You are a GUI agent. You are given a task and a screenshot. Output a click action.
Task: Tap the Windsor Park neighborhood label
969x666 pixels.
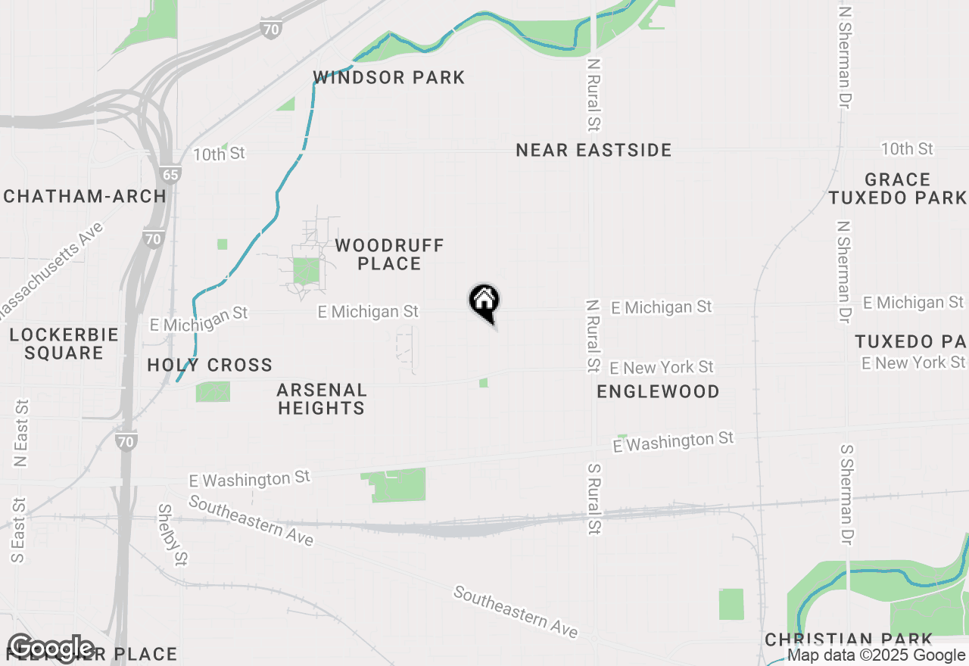389,77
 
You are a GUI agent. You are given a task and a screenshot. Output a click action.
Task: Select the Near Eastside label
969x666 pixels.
594,150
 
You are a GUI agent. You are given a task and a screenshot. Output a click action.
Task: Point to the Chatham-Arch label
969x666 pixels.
85,196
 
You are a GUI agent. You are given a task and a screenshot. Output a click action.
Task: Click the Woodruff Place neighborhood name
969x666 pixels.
389,254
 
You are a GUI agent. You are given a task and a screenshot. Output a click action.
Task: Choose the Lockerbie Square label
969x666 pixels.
64,344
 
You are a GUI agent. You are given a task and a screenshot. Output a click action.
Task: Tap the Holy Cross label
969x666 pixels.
210,365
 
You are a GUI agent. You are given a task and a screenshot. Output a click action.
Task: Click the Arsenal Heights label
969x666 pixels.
322,399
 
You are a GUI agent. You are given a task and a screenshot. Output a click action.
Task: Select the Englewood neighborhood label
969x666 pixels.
658,391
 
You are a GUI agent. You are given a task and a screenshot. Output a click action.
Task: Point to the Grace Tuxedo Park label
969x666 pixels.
897,188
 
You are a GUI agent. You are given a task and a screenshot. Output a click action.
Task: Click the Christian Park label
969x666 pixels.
849,640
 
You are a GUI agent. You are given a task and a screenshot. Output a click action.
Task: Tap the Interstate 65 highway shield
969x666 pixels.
171,175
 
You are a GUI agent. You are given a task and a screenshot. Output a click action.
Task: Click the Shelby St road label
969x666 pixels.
173,534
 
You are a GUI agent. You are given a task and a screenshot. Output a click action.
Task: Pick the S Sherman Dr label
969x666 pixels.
846,493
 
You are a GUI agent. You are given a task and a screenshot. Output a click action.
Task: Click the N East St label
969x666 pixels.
21,434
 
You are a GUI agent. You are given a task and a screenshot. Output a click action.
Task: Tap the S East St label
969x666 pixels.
19,530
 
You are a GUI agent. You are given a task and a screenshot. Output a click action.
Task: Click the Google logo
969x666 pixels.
51,649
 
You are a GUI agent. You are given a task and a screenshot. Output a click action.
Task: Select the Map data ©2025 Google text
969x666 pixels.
876,655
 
